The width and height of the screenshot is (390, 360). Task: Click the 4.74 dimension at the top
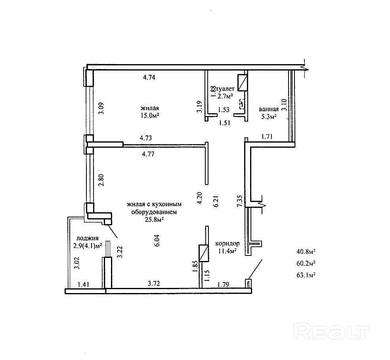tap(149, 77)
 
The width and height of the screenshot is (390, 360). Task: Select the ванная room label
tap(269, 109)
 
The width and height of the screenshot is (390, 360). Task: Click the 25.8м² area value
tap(154, 219)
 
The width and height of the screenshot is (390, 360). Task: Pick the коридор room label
tap(227, 243)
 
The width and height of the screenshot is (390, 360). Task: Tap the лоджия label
tap(87, 238)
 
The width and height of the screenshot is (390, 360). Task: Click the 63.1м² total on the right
tap(306, 275)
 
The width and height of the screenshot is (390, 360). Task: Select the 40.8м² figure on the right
tap(306, 251)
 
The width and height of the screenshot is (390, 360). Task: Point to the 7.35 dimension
tap(239, 201)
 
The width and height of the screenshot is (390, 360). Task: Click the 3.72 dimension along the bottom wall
tap(154, 284)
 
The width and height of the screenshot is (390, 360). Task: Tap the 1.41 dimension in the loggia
tap(84, 284)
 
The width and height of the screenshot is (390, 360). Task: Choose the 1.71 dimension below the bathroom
tap(267, 137)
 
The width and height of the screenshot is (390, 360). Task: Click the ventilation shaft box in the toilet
tap(243, 83)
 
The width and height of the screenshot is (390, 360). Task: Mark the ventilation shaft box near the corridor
tap(203, 253)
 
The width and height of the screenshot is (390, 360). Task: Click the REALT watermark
tap(332, 331)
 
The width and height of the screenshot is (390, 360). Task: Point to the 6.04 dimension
tap(157, 240)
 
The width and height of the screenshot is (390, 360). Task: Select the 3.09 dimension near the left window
tap(101, 109)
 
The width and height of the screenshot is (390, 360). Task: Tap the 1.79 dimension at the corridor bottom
tap(223, 284)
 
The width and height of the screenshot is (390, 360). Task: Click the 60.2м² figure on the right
tap(306, 263)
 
